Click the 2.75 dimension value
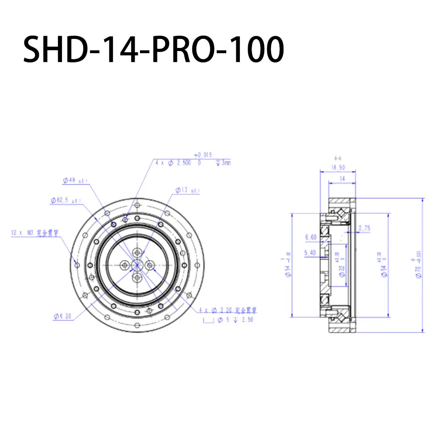point(364,228)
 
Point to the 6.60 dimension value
point(311,238)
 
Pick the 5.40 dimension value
point(311,252)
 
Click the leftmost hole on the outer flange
point(77,264)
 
